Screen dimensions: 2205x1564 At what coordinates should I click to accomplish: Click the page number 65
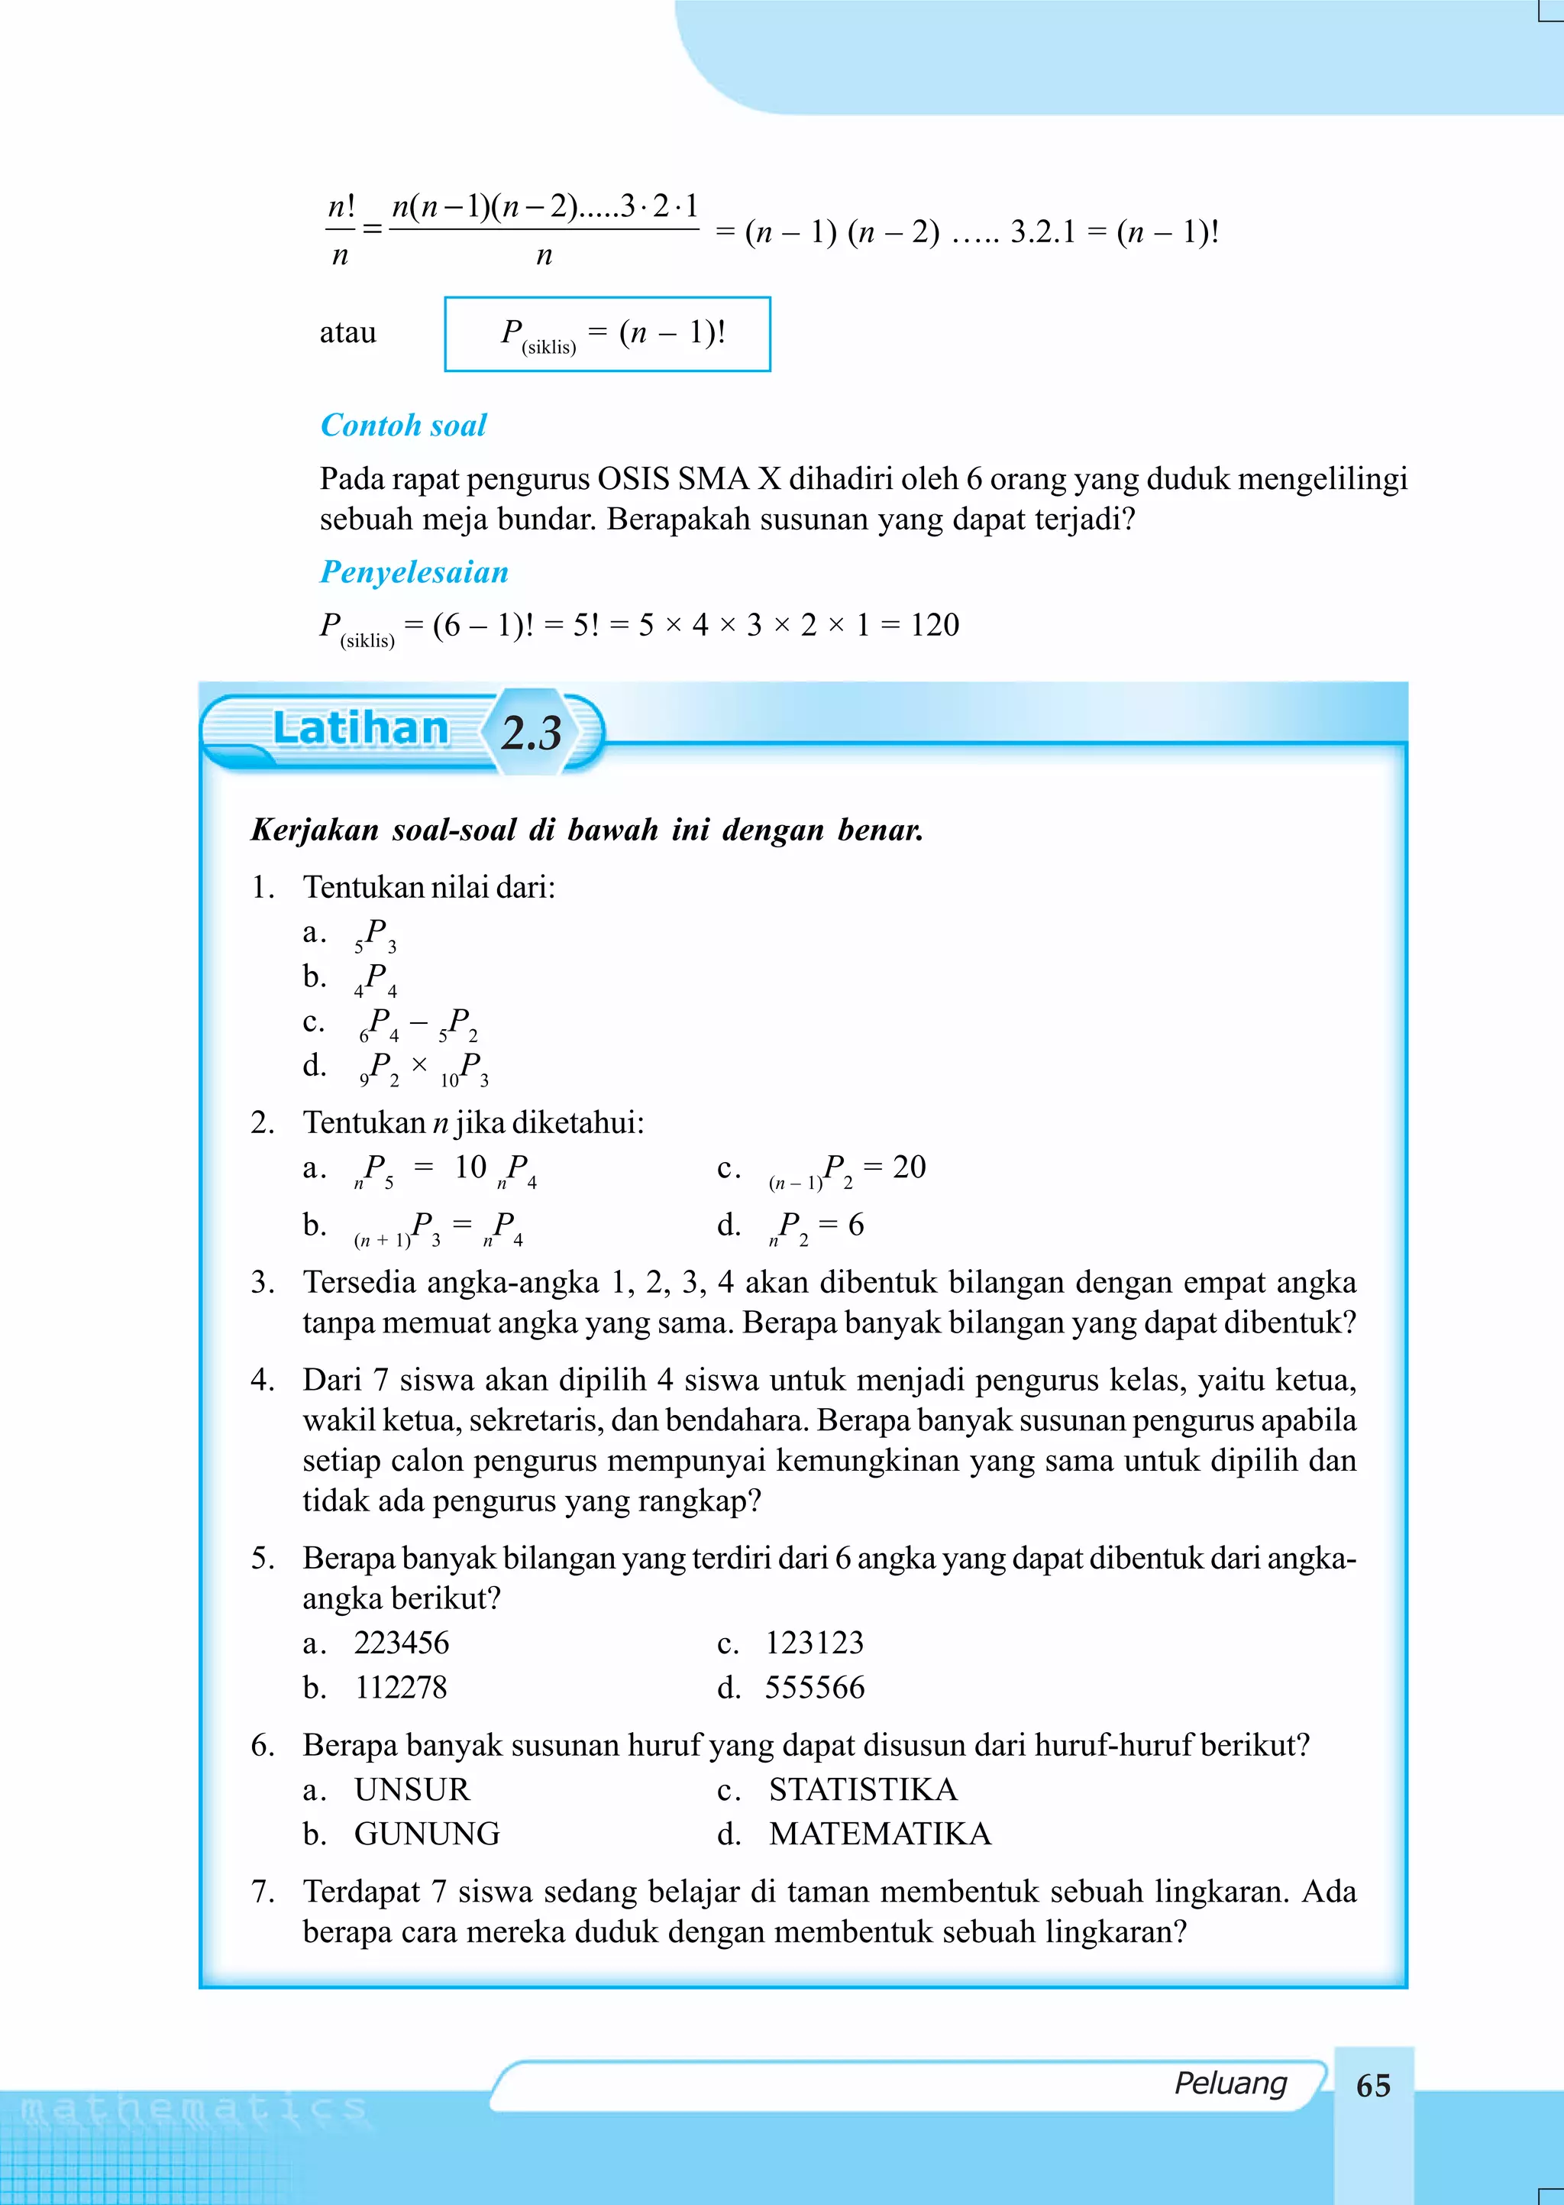[1372, 2086]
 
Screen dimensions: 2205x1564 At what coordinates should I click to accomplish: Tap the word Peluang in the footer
[1230, 2083]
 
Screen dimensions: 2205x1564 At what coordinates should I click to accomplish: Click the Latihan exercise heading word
[361, 728]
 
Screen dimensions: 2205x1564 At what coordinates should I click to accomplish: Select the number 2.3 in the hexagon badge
[531, 733]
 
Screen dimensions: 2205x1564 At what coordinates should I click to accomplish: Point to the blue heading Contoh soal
[403, 425]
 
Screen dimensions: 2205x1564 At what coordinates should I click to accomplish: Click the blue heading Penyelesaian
[414, 572]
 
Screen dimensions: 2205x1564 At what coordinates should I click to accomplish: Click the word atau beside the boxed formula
[347, 332]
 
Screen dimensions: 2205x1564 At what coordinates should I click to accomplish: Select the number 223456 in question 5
[402, 1643]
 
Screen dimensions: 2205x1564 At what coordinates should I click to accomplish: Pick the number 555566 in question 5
[815, 1687]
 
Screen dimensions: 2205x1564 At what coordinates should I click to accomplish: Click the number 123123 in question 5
[815, 1643]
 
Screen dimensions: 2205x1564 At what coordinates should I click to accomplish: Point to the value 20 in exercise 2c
[908, 1167]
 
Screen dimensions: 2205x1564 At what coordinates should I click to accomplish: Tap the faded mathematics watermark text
[192, 2109]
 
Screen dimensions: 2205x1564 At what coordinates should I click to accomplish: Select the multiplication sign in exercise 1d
[419, 1064]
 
